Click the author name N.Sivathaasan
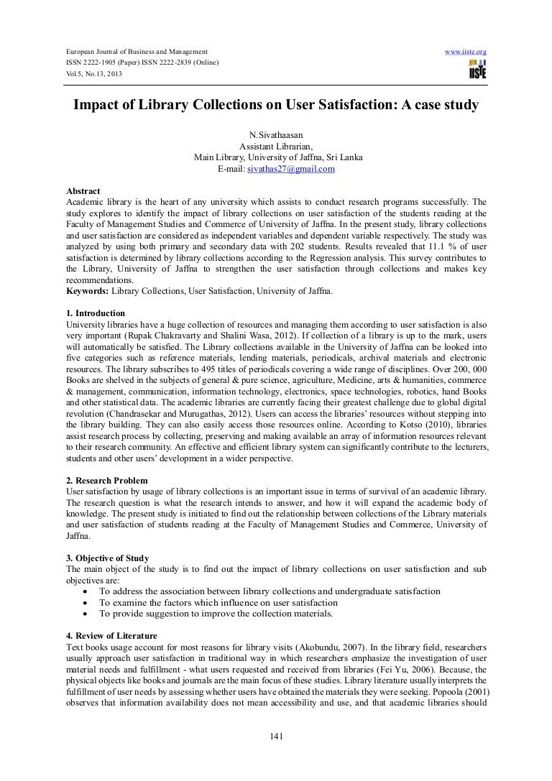pos(276,134)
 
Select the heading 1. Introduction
pos(95,313)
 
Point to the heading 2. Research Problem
pos(106,480)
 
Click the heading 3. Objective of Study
pos(107,558)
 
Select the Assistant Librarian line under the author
pos(276,146)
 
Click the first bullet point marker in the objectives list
pos(85,591)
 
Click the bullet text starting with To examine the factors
pos(218,603)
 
